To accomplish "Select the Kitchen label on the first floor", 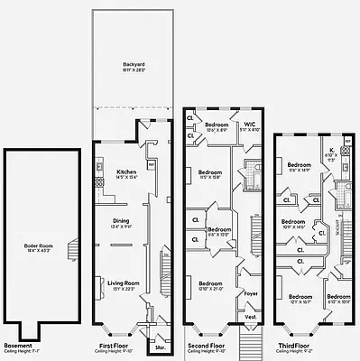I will [x=127, y=171].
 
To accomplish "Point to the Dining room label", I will [x=121, y=221].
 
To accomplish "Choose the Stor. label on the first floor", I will [x=161, y=345].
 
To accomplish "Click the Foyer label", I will [x=251, y=293].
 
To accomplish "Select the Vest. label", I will [x=251, y=317].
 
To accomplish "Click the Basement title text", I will [x=18, y=346].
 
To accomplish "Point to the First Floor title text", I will [x=115, y=346].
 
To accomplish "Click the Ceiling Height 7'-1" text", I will [x=23, y=352].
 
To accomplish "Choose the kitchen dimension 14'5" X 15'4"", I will [x=127, y=177].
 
